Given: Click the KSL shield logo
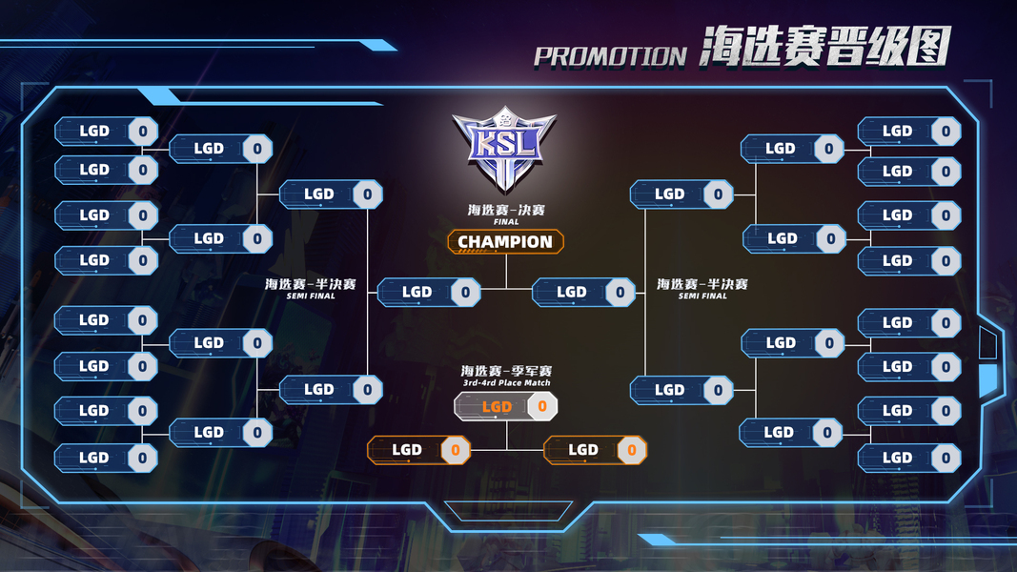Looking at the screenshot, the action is click(504, 149).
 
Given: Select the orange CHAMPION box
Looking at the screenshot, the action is click(505, 242).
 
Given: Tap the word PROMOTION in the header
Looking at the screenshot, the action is click(610, 56).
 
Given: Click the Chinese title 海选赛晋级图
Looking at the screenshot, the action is click(824, 48).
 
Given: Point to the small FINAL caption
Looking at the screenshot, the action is click(506, 222).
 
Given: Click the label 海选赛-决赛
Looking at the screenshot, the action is click(506, 210).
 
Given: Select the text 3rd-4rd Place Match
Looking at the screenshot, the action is click(506, 383).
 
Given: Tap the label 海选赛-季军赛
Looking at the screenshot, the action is click(506, 371).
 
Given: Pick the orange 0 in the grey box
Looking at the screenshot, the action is click(542, 407).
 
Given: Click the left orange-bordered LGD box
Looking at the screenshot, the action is click(418, 450).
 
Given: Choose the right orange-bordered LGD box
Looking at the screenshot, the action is click(595, 450).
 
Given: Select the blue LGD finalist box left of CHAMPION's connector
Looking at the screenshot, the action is click(428, 293).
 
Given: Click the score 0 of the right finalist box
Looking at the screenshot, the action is click(620, 293).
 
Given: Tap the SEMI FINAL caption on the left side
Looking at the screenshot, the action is click(312, 296).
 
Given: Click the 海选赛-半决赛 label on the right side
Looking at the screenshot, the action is click(702, 284).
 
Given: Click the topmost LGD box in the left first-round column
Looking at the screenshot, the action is click(106, 132).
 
